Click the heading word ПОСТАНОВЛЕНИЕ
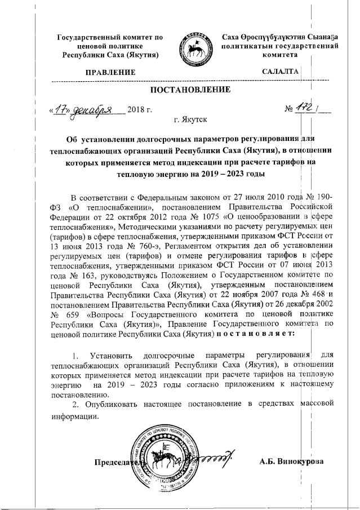coord(190,90)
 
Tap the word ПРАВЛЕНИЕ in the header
coord(110,72)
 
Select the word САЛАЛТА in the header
coord(280,72)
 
